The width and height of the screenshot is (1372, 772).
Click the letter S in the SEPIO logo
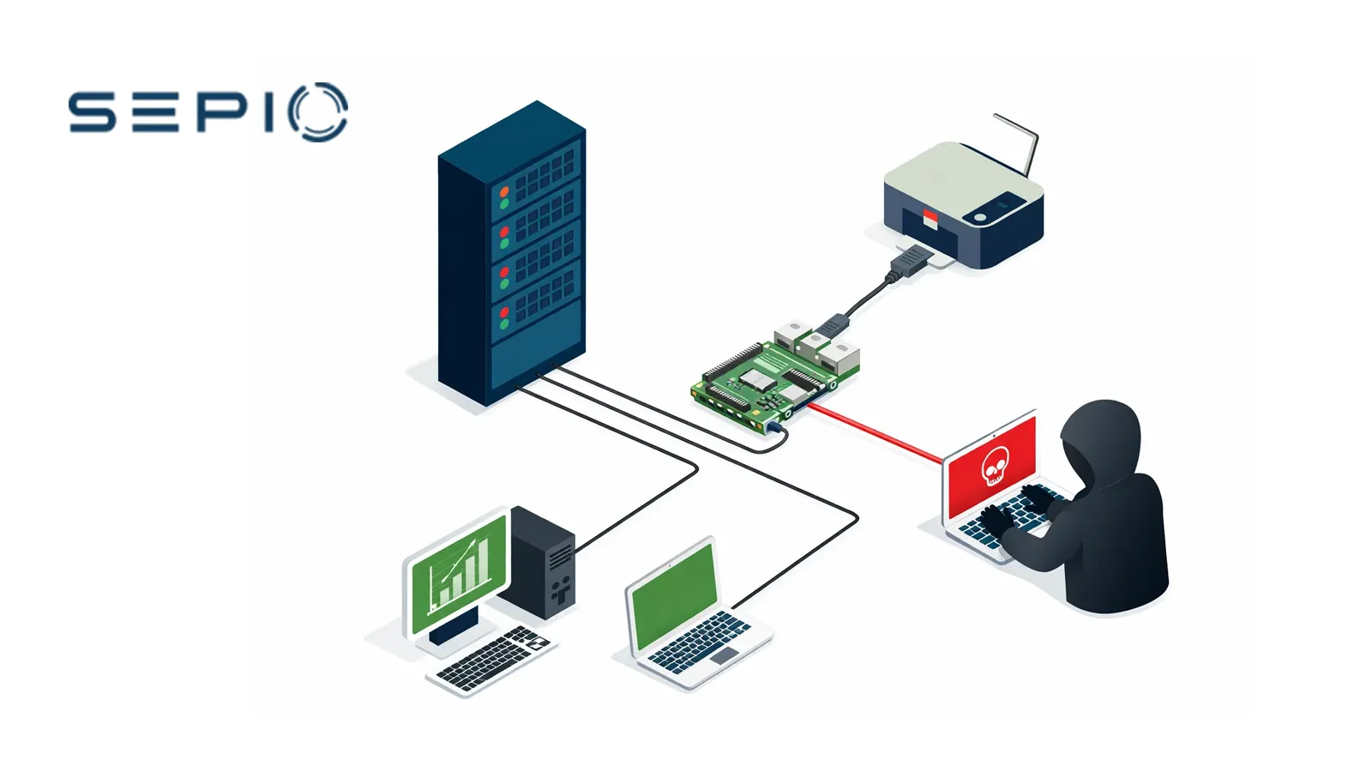point(92,112)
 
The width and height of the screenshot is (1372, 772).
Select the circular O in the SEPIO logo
point(318,112)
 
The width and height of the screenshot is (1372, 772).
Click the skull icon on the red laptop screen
point(993,464)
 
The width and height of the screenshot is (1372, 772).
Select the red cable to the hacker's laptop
point(875,437)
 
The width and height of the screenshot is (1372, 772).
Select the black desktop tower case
point(543,562)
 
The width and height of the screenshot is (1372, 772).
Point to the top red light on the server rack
point(504,191)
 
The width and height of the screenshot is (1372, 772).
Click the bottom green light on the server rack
point(504,324)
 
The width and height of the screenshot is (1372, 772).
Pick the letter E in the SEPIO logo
point(156,112)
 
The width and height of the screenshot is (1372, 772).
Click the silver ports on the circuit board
point(819,347)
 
